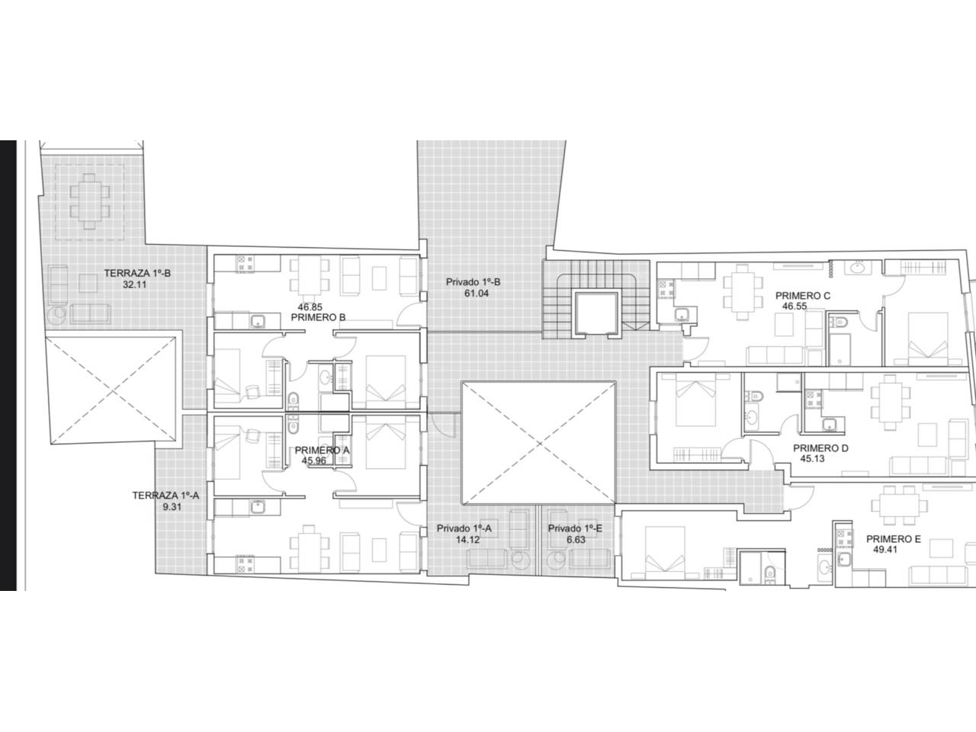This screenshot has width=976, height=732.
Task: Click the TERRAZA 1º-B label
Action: coord(137,273)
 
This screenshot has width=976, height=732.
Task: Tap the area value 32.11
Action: coord(135,285)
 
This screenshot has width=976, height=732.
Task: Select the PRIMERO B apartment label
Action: coord(318,318)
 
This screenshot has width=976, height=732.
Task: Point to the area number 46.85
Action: coord(310,307)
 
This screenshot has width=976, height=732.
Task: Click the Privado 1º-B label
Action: coord(473,282)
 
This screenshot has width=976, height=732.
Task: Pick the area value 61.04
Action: coord(477,294)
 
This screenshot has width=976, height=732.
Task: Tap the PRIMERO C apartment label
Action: coord(803,296)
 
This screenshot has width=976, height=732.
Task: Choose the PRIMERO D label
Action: coord(820,448)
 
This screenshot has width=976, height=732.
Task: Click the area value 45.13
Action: coord(812,459)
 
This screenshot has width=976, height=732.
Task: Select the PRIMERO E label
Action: coord(894,539)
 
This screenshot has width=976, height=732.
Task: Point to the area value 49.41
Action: coord(885,550)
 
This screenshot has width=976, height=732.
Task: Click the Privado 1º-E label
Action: coord(575,528)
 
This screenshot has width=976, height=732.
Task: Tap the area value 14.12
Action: coord(467,540)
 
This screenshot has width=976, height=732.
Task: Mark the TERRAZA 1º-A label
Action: coord(165,496)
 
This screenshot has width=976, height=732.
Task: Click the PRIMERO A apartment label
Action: coord(322,451)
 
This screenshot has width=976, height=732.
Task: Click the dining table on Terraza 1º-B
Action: coord(89,201)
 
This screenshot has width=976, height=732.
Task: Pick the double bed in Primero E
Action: coord(665,549)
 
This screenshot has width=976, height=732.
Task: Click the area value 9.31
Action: coord(172,507)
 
